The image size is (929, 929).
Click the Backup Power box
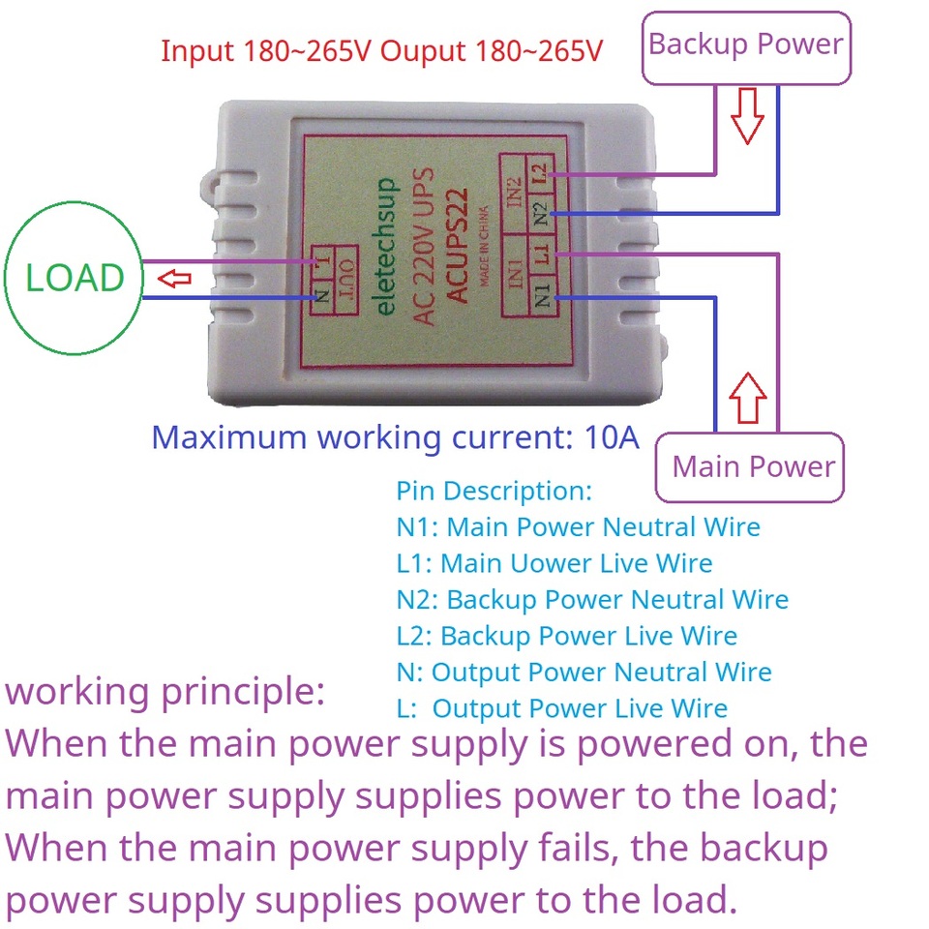[746, 45]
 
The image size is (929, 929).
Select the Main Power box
[753, 466]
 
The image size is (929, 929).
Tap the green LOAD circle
[75, 279]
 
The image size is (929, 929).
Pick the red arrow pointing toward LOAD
[175, 280]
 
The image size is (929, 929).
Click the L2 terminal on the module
[539, 174]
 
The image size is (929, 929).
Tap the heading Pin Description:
[494, 491]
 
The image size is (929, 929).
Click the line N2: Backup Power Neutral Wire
[591, 600]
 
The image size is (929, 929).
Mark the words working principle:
[165, 692]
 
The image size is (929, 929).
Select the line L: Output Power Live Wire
[561, 708]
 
